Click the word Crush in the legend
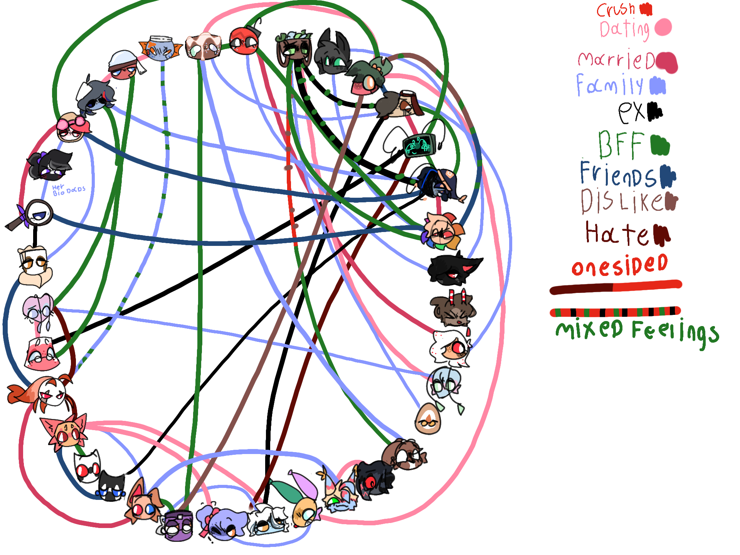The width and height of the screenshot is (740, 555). click(x=616, y=10)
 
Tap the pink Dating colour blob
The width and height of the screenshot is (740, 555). click(x=663, y=27)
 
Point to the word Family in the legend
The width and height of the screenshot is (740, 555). click(x=610, y=85)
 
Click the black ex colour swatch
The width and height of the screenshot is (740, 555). click(x=654, y=111)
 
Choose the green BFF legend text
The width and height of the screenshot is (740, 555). click(x=621, y=145)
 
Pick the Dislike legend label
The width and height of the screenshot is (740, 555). click(x=622, y=201)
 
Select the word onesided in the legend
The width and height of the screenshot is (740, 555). click(x=619, y=266)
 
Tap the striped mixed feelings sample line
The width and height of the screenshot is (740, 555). click(x=615, y=311)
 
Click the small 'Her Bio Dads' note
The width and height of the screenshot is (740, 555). click(x=68, y=190)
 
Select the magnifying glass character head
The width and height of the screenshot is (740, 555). click(x=39, y=214)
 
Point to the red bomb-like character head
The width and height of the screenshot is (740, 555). click(x=244, y=40)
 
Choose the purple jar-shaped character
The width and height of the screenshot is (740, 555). click(x=178, y=525)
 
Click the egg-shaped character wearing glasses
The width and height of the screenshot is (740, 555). click(x=428, y=419)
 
